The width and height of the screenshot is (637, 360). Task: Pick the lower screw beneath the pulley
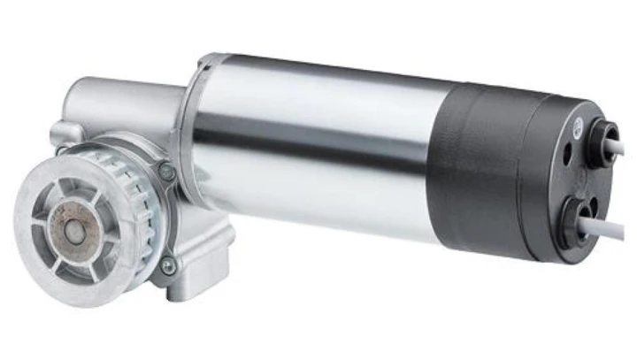point(170,264)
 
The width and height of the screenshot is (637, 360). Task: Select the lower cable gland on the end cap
point(580,213)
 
